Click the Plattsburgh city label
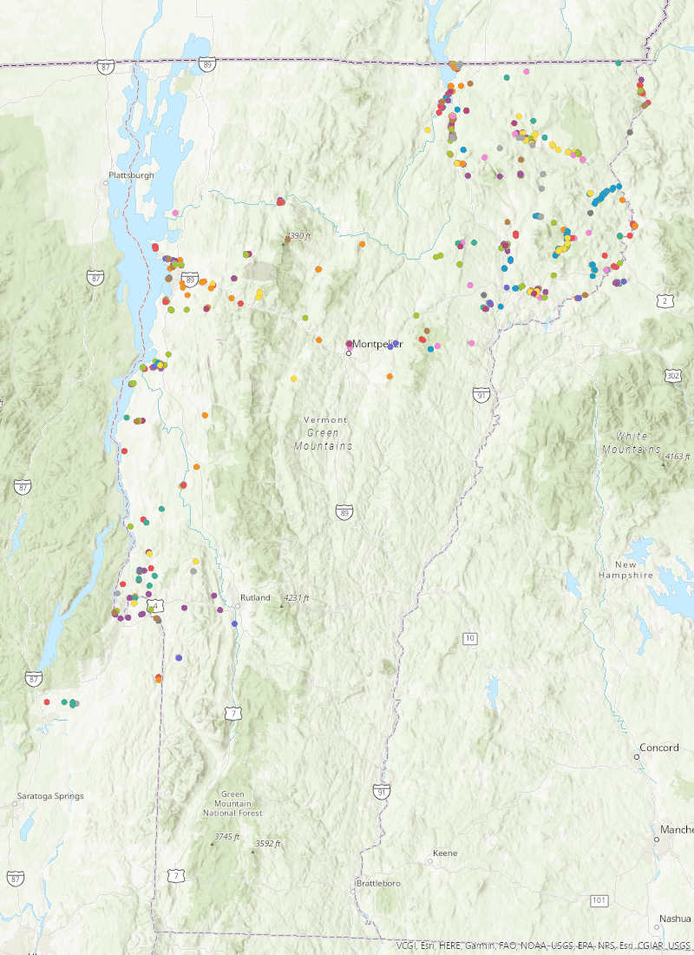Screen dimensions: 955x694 coord(131,175)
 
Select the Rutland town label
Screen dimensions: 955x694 coord(255,597)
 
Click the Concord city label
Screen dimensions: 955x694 coord(658,748)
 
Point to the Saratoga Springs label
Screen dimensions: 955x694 coord(50,796)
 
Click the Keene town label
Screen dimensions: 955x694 coord(444,853)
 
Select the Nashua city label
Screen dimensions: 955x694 coord(675,919)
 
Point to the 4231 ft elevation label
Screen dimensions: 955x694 coord(296,597)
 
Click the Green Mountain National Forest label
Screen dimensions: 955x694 coord(232,804)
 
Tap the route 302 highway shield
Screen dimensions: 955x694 coord(673,375)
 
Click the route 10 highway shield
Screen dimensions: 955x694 coord(469,639)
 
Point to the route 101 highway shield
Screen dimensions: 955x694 coord(599,900)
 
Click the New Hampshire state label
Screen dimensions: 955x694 coord(625,570)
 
